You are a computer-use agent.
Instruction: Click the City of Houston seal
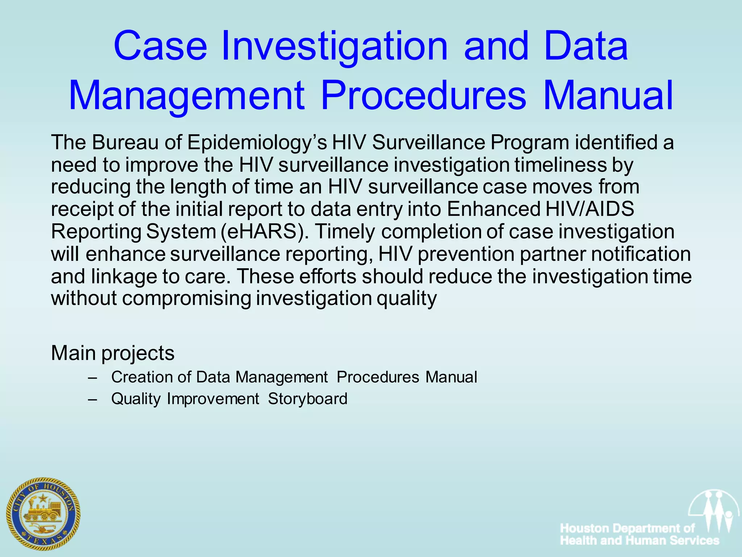pos(43,513)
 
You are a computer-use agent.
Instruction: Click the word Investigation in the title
pos(334,46)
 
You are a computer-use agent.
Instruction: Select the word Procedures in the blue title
pos(423,96)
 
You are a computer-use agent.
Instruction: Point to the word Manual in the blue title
pos(608,96)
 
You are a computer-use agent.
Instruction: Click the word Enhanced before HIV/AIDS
pos(494,209)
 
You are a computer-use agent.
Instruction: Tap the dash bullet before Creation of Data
pos(92,377)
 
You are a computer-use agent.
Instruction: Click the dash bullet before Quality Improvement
pos(92,399)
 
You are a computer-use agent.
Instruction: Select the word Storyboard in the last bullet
pos(308,399)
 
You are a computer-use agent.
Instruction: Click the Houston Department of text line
pos(628,528)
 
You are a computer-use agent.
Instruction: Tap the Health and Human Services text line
pos(639,541)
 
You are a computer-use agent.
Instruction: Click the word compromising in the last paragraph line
pos(187,299)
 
